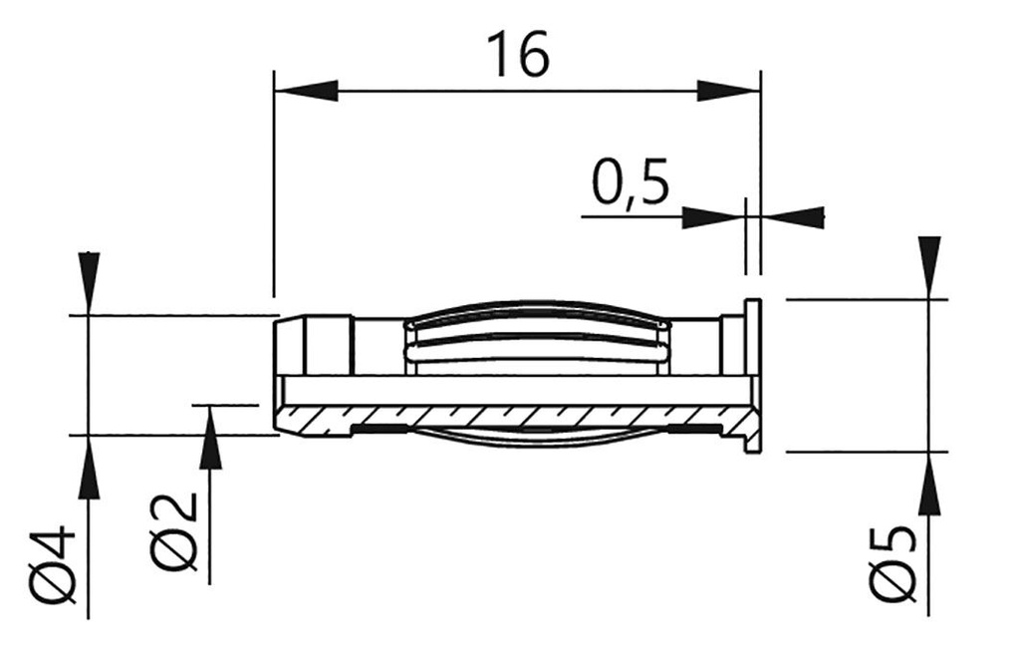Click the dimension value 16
[517, 56]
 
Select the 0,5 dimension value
[630, 183]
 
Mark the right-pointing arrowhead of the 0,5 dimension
[713, 216]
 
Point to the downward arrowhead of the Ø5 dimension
[928, 265]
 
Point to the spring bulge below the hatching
[533, 437]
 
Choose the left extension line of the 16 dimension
[273, 179]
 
